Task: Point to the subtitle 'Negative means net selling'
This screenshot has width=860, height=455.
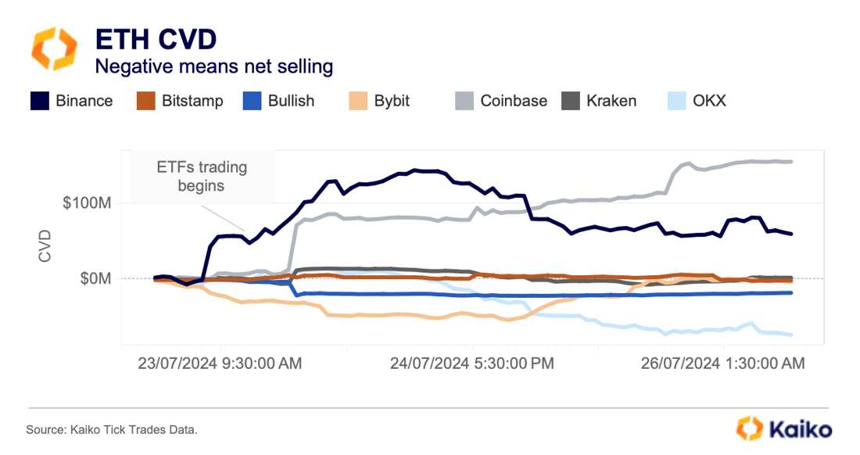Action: point(213,66)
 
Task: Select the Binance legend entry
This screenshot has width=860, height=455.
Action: point(71,101)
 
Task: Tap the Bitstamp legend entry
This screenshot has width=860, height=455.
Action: point(179,101)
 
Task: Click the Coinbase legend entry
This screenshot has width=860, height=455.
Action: point(500,101)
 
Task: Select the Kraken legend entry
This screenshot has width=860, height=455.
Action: point(599,101)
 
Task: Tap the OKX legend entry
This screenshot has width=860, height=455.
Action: point(697,101)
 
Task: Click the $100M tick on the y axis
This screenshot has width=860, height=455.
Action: point(94,203)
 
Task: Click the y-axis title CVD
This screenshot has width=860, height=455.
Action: point(45,245)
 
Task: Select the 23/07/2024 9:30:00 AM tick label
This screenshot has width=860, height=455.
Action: point(220,363)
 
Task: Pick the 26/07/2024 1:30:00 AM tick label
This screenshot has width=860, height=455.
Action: point(722,363)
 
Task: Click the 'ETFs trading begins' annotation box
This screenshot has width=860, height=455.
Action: point(202,176)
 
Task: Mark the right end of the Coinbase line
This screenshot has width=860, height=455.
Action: point(791,162)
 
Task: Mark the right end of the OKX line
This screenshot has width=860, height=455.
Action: point(791,335)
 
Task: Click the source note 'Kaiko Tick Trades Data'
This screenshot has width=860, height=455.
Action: point(112,429)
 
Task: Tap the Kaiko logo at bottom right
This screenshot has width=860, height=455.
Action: point(784,428)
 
